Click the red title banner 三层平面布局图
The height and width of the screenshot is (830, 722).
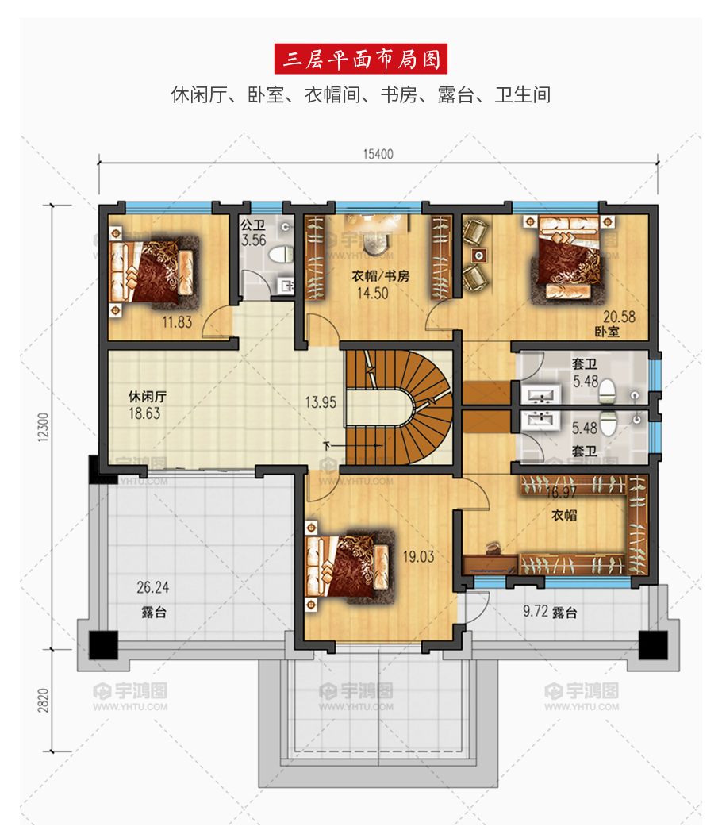coord(360,59)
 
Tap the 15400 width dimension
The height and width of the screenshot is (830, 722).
coord(378,154)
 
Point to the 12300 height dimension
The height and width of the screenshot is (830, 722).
coord(44,427)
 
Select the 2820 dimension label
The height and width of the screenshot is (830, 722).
coord(44,700)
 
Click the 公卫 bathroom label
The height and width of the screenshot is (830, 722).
coord(252,225)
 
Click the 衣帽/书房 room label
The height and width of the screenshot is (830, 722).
coord(381,276)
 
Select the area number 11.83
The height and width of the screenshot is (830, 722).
coord(177,322)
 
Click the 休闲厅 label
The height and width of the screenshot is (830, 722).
coord(148,397)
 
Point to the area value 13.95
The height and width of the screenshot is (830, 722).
coord(321,402)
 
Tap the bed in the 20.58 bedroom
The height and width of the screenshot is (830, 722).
coord(567,257)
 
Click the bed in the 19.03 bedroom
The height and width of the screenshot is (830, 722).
coord(348,567)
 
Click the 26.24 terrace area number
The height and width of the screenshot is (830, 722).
coord(153,587)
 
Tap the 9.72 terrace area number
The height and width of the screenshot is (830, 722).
coord(535,611)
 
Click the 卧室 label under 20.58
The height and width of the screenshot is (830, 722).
coord(607,332)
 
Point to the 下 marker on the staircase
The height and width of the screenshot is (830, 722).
coord(327,446)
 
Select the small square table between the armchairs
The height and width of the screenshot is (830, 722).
coord(479,256)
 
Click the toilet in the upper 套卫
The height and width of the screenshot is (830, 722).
coord(608,390)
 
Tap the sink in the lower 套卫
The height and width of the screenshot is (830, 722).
coord(540,419)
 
